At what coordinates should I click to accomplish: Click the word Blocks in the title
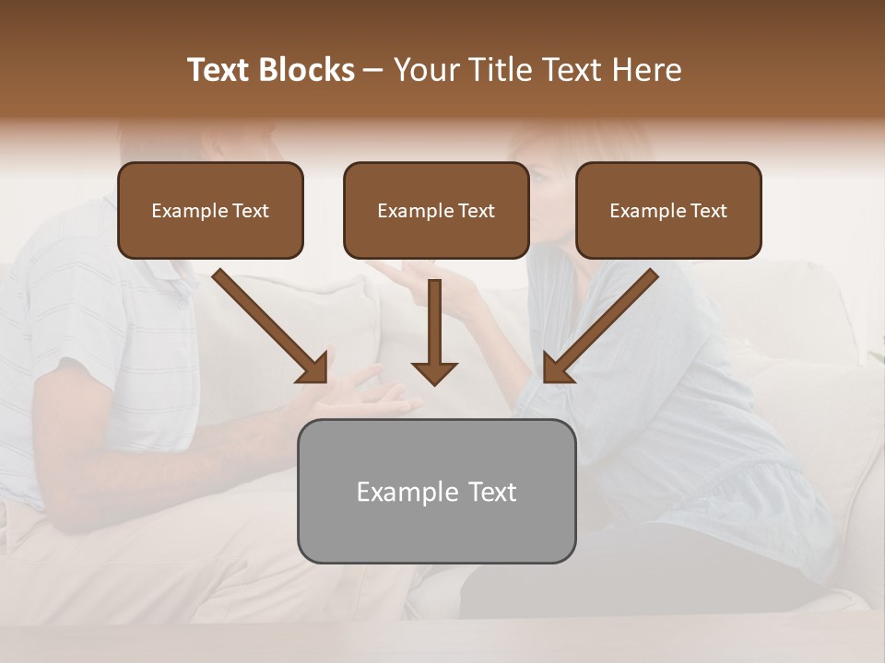[307, 70]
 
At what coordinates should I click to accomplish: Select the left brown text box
[210, 210]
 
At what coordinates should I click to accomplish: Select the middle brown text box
[436, 210]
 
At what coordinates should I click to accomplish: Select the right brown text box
[668, 210]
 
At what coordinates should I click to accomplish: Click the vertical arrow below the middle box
[434, 327]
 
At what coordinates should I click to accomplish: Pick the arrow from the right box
[604, 322]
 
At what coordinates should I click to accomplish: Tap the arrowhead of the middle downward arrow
[434, 373]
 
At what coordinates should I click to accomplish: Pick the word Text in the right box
[709, 210]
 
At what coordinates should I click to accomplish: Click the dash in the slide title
[373, 71]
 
